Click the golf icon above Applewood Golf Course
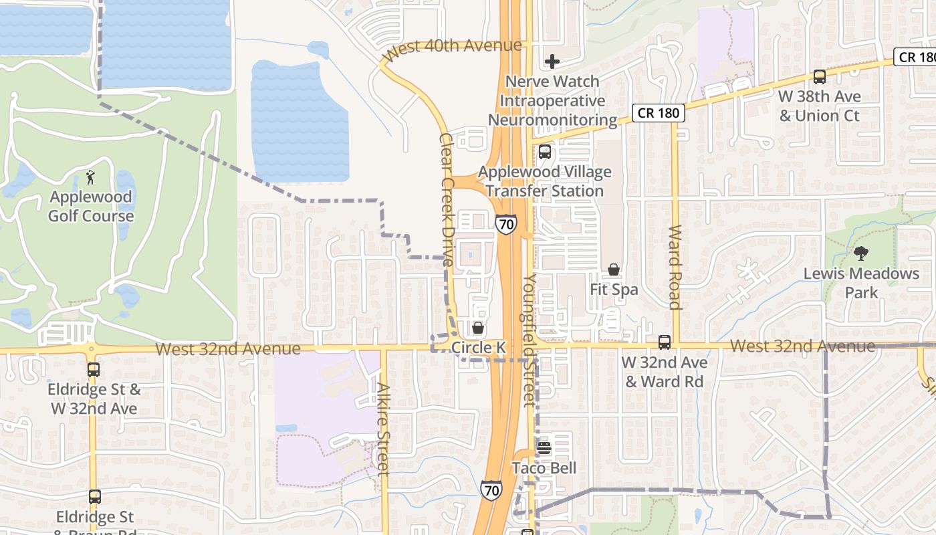tap(91, 177)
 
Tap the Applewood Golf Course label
tap(91, 207)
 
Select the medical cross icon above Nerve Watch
tap(552, 62)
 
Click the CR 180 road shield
tap(659, 113)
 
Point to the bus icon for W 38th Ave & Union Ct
tap(819, 77)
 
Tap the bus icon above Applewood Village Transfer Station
tap(545, 152)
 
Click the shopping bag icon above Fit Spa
tap(614, 270)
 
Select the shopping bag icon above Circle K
tap(478, 328)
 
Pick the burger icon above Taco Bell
tap(544, 448)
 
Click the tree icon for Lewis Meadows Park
tap(861, 253)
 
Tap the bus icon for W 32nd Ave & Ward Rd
tap(664, 342)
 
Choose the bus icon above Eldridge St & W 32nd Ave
tap(94, 369)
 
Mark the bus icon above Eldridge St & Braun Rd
tap(95, 497)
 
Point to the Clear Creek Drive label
tap(447, 199)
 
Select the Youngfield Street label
tap(530, 339)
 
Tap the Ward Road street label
tap(675, 267)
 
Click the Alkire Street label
tap(383, 428)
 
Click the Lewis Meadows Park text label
tap(861, 283)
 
